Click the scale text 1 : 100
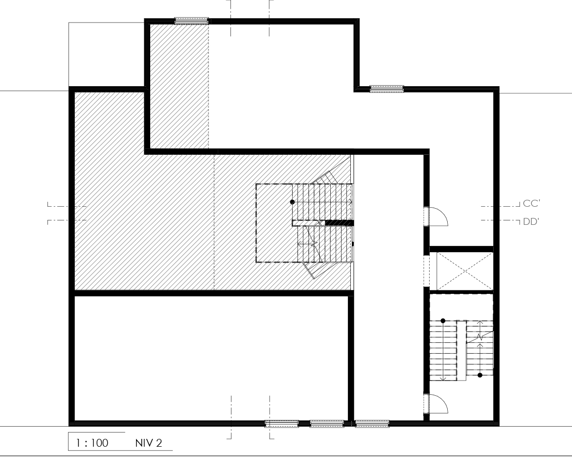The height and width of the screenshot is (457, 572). coord(92,443)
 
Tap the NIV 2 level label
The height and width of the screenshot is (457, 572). coord(148,443)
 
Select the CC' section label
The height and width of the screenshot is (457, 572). coord(531,203)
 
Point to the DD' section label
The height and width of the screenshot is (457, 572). coord(531,221)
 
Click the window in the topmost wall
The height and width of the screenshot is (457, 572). coord(191,21)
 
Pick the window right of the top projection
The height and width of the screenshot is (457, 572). coord(387,89)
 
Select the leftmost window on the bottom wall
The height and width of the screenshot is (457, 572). coord(282,424)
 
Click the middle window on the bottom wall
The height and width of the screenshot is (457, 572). coord(327,424)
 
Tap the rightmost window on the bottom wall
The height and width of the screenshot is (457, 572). coord(372,424)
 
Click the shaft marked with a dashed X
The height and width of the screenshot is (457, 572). coord(465,271)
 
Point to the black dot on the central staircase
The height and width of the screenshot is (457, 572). coord(292,202)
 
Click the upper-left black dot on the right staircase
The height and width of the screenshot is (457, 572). coord(443,321)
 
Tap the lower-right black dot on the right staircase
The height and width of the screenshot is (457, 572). coord(480,375)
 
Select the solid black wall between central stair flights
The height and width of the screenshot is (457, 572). coord(339,223)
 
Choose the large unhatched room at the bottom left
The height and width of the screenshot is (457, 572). coord(211,358)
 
